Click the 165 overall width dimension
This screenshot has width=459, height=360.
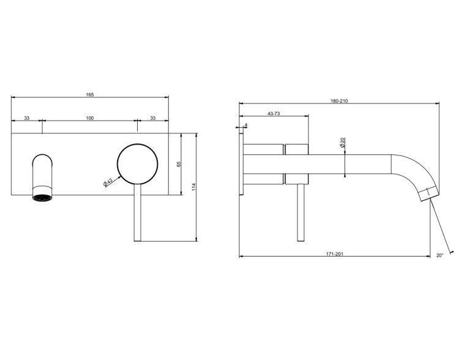(90, 95)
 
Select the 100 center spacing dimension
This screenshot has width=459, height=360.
(90, 118)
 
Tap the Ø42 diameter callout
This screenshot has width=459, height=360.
(108, 182)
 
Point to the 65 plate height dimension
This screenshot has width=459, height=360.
(179, 164)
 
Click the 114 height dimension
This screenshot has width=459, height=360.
(193, 187)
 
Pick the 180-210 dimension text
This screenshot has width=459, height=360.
(339, 101)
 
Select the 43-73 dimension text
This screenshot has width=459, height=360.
(274, 113)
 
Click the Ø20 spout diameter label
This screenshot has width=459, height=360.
(342, 142)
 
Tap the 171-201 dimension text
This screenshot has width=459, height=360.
(335, 254)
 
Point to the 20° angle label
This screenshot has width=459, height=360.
(440, 255)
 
